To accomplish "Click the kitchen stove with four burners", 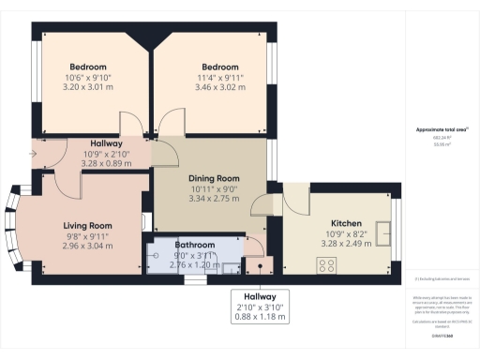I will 328,265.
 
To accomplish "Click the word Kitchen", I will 321,224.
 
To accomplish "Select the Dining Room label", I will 216,179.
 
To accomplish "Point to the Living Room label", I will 87,226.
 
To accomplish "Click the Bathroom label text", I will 196,245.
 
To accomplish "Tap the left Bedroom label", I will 86,67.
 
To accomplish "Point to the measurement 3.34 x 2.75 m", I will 216,200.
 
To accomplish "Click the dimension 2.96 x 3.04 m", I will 87,247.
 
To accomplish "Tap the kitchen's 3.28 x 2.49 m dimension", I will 321,244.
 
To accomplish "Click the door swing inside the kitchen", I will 296,197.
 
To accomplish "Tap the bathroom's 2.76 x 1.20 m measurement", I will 196,263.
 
